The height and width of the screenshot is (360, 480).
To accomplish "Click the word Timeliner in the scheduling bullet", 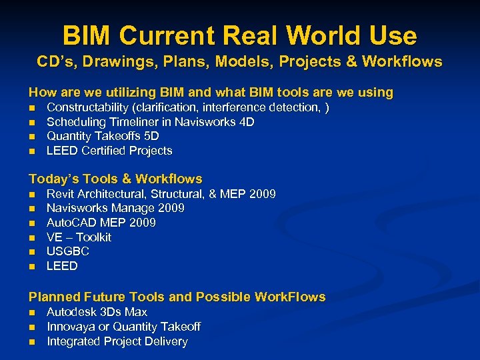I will point(132,122).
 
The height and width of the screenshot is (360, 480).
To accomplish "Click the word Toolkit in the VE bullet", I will point(95,237).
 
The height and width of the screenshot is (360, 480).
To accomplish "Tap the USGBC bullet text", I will point(67,251).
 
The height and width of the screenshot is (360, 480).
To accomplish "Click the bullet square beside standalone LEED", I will point(31,267).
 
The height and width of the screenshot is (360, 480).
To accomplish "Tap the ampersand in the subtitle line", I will point(351,62).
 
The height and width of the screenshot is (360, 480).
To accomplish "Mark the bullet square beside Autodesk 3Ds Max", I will point(31,313).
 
